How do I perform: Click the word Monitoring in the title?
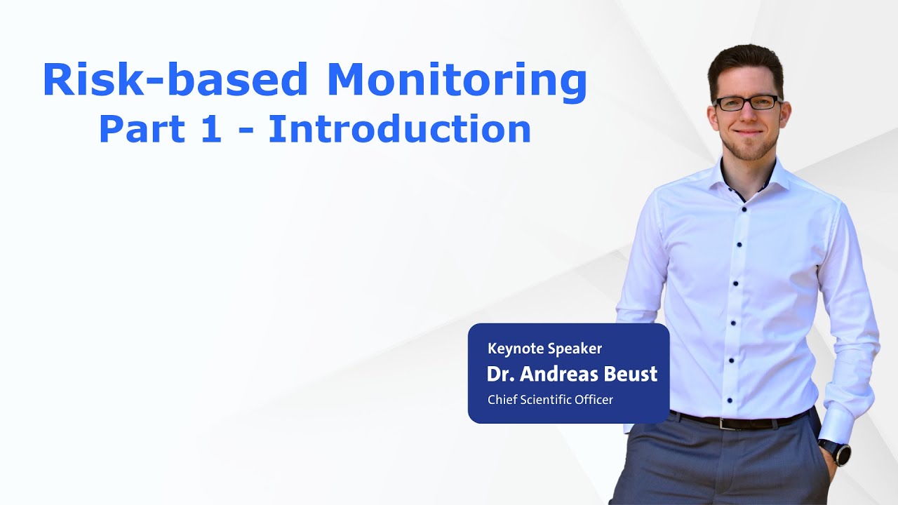click(x=457, y=80)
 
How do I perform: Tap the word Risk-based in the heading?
click(x=175, y=80)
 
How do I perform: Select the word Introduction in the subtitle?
click(x=399, y=130)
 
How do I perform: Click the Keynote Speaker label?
click(x=544, y=349)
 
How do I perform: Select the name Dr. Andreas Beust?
click(x=572, y=374)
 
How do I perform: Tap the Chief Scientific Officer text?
click(x=550, y=400)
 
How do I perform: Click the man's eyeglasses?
click(x=746, y=103)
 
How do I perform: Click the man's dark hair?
click(x=745, y=62)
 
